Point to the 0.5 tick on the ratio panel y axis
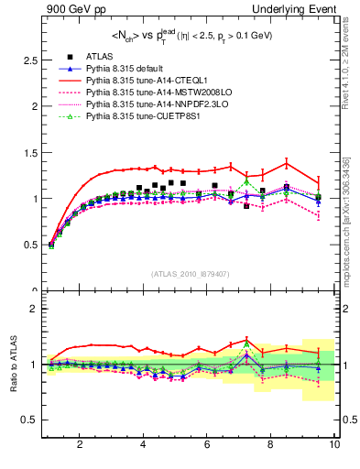(x=31, y=420)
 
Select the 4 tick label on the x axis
(x=144, y=445)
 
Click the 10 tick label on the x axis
(x=334, y=445)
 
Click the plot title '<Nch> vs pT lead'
(x=190, y=37)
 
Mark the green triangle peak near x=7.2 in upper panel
(x=245, y=181)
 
